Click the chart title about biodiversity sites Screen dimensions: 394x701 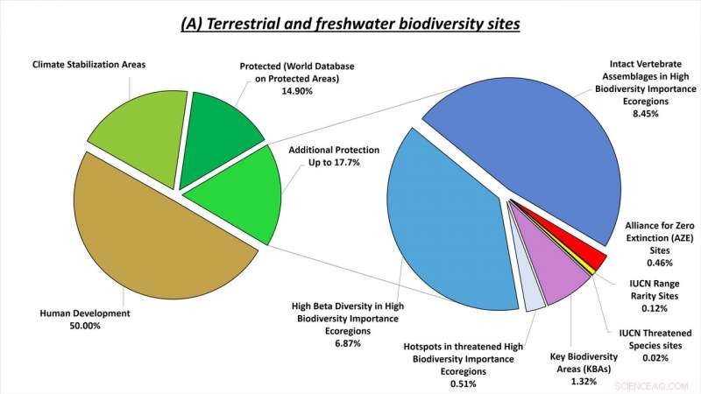[350, 24]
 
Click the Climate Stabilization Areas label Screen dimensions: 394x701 [89, 65]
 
